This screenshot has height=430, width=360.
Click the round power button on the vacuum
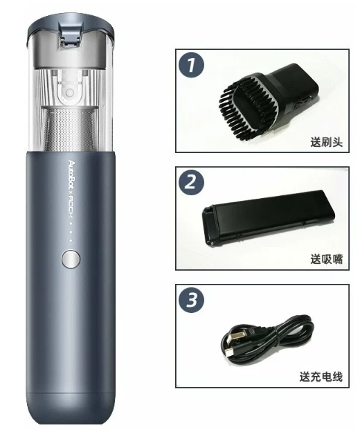point(70,260)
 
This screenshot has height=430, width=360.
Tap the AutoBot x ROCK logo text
point(71,186)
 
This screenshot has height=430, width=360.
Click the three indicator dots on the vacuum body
point(71,234)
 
